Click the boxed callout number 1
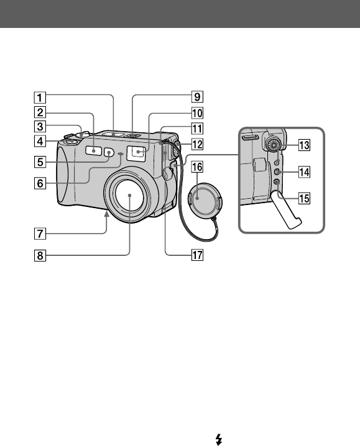(40, 98)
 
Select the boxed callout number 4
(40, 141)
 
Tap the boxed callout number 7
(40, 234)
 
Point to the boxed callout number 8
(40, 255)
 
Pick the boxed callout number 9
(197, 97)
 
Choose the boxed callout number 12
(197, 145)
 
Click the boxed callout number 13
(304, 145)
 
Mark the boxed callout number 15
(304, 198)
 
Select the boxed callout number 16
(197, 167)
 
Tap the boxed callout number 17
(197, 255)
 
